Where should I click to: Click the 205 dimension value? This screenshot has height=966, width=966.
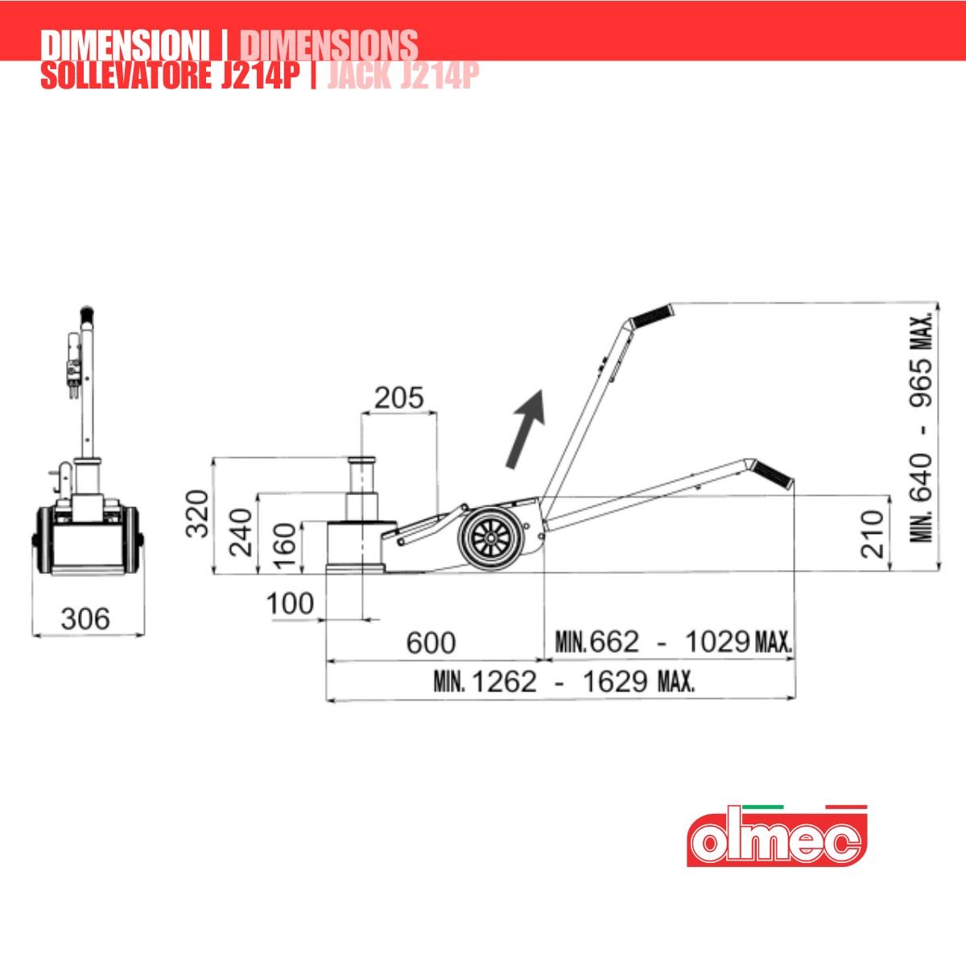[x=399, y=398]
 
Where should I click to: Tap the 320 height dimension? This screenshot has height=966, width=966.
[x=197, y=514]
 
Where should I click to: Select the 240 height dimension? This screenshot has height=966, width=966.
[x=241, y=532]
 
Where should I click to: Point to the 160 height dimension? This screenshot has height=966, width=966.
[x=285, y=547]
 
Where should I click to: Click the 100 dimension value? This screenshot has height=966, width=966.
[x=291, y=604]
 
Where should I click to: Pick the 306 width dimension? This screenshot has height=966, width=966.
[x=85, y=619]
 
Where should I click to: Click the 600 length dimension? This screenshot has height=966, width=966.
[x=431, y=642]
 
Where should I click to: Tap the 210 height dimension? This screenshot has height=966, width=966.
[x=873, y=534]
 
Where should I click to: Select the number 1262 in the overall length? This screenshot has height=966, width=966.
[x=505, y=682]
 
